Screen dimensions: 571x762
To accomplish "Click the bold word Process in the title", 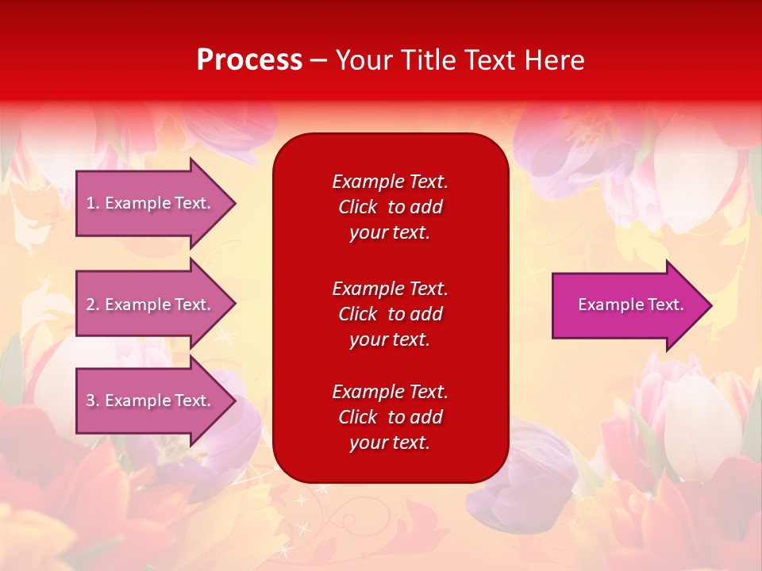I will pos(249,60).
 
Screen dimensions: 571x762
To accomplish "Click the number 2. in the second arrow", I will pos(93,305).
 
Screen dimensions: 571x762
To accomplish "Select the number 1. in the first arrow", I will pos(93,203).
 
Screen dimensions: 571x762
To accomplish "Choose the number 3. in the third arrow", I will pos(93,400).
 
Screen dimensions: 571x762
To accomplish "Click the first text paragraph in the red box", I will pos(390,207).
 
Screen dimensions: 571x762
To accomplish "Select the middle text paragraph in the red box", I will pos(390,314).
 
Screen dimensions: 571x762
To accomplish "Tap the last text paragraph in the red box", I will pos(390,417).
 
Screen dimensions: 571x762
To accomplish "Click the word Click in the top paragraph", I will pos(357,207).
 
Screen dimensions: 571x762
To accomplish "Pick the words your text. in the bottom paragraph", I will pos(390,443).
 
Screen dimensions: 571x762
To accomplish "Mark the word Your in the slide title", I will pos(362,60).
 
